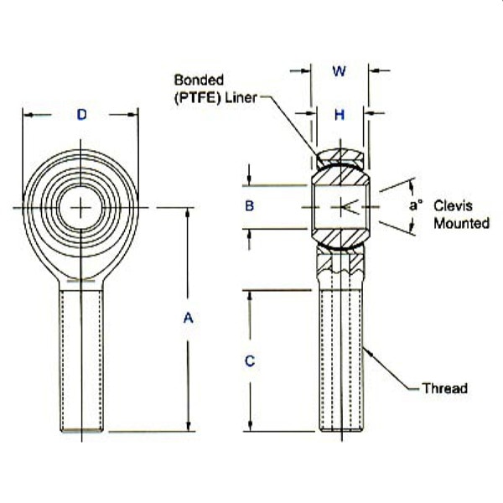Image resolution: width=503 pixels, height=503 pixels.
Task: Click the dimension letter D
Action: click(81, 115)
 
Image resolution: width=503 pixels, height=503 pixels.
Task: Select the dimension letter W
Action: click(340, 71)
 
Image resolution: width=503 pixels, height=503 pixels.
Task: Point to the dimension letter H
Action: click(340, 115)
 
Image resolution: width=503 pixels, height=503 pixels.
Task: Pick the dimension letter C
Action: click(249, 361)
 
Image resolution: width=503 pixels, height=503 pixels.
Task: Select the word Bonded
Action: click(199, 80)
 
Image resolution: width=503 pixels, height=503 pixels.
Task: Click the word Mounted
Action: click(462, 223)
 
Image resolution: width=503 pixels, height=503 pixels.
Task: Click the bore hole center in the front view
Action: click(81, 207)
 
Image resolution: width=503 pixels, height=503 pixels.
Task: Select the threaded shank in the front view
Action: click(81, 356)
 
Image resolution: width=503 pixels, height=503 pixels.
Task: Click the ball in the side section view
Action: click(340, 206)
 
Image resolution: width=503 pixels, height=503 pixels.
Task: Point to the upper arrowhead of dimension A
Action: click(188, 212)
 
